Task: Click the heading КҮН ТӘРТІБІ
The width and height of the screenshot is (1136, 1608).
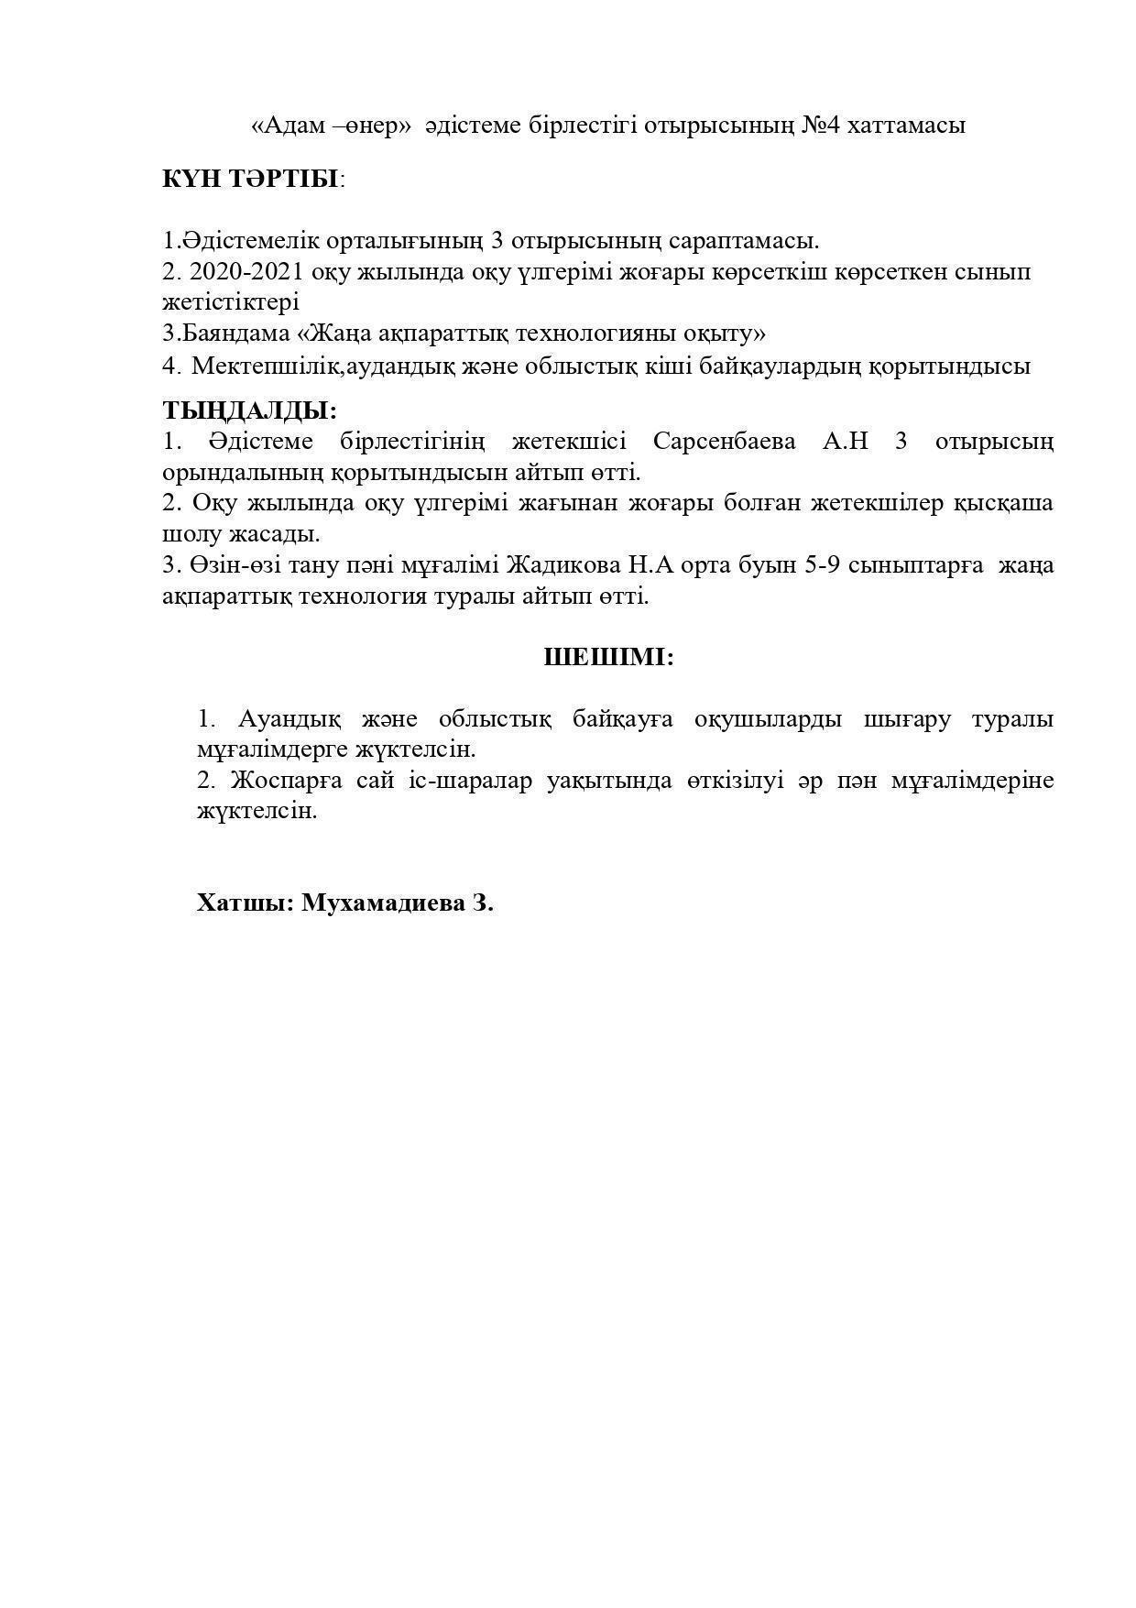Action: tap(250, 179)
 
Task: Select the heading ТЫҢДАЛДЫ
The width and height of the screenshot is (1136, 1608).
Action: tap(249, 410)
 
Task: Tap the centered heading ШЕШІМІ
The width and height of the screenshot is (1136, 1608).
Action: tap(608, 657)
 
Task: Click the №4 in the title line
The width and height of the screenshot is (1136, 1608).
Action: tap(821, 126)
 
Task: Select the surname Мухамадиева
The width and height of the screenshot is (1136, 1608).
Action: tap(383, 903)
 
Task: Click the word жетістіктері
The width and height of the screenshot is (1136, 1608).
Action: tap(230, 301)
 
